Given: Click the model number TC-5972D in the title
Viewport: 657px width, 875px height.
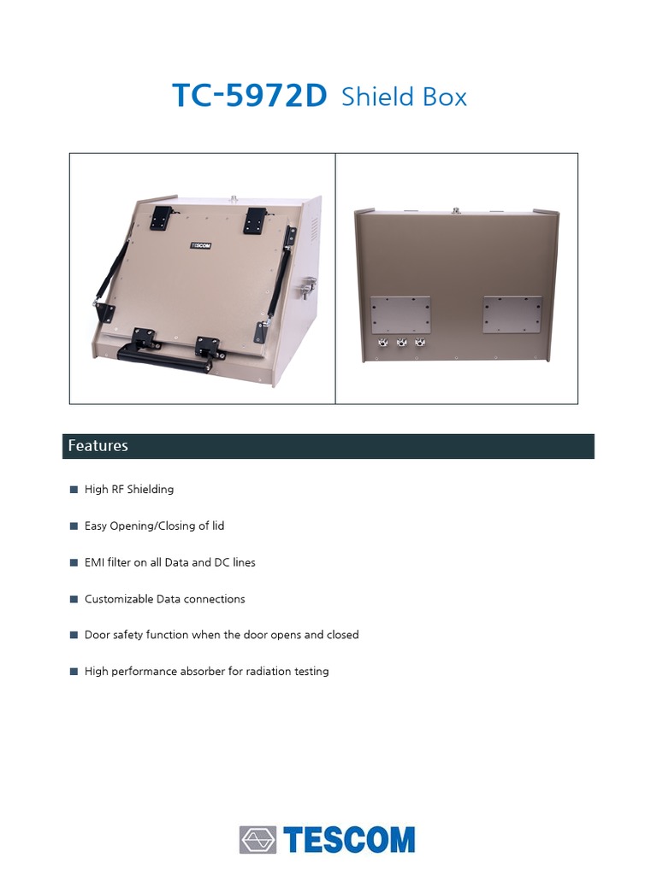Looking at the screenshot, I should point(249,96).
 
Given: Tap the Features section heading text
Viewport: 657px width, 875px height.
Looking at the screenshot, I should point(98,445).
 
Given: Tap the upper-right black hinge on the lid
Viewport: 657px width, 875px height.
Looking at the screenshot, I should point(255,220).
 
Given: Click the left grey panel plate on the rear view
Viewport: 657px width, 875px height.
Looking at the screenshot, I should point(400,314).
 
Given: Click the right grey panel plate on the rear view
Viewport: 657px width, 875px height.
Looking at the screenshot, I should point(512,314).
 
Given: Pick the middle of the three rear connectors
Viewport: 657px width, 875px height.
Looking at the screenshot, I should point(401,344).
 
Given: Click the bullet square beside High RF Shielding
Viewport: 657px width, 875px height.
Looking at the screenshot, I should point(74,490).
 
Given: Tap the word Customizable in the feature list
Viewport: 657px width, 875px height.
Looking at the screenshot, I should point(119,599).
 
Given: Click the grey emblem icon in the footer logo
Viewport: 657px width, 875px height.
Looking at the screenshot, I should point(257,840).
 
